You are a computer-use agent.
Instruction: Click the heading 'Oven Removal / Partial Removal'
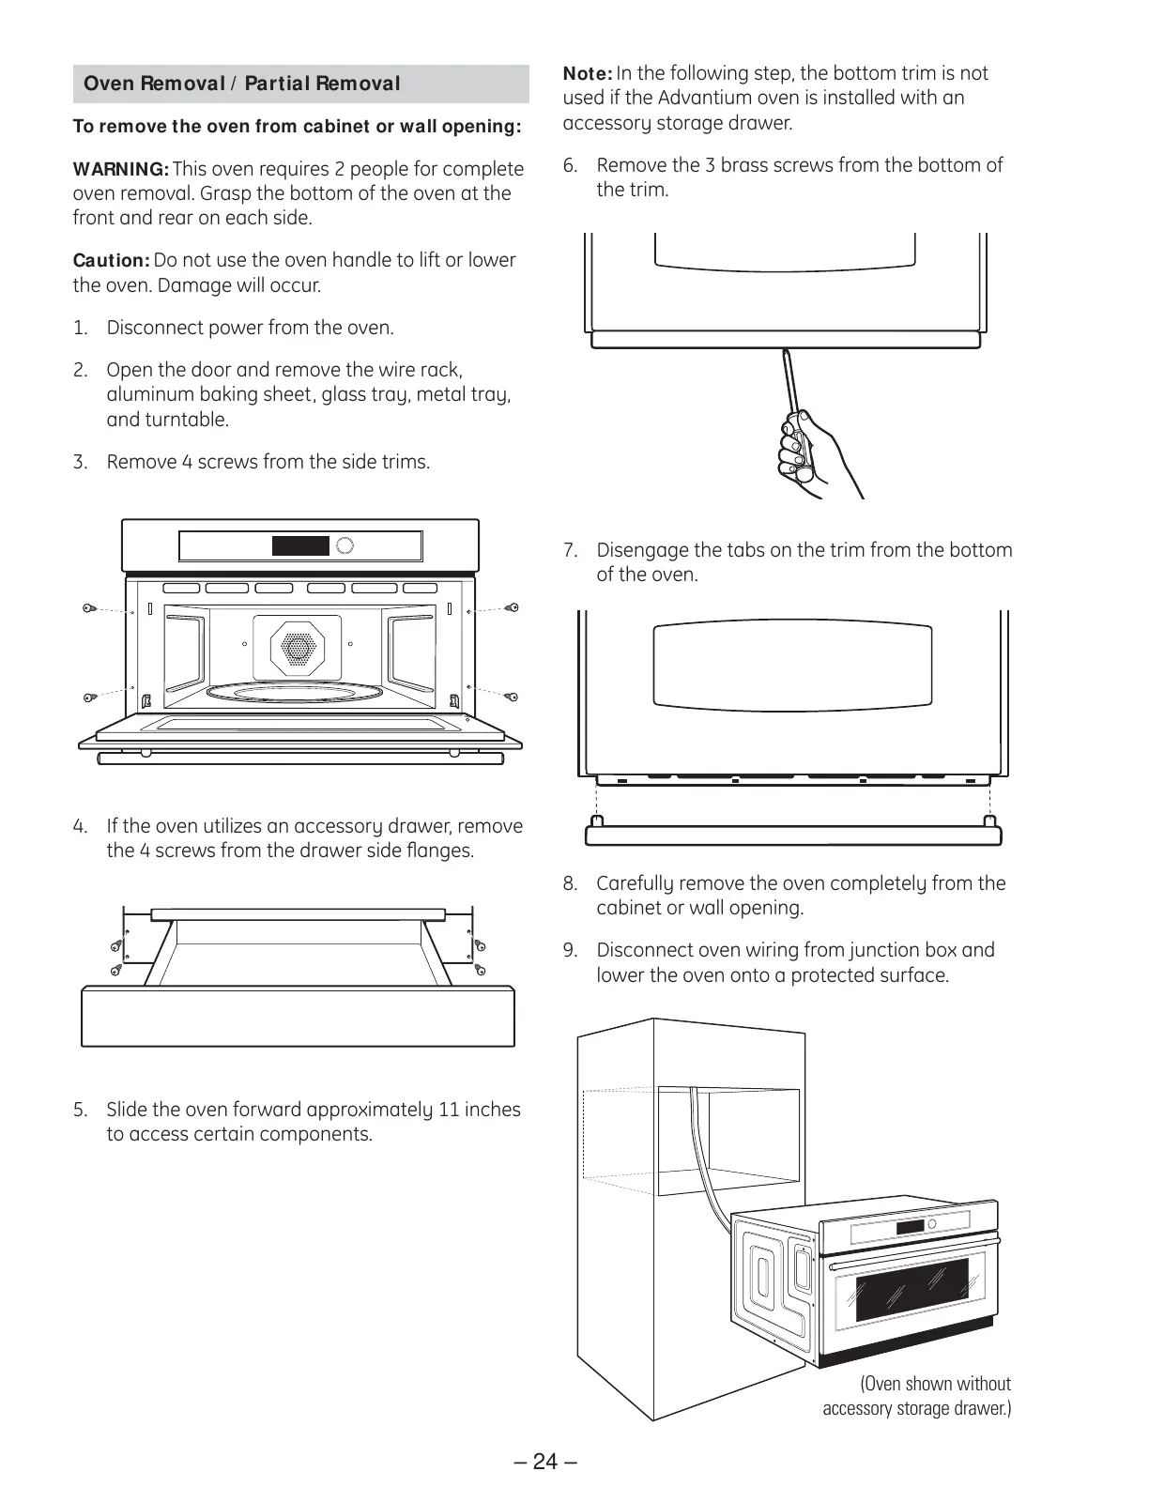[242, 84]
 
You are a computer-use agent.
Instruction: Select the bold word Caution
[111, 260]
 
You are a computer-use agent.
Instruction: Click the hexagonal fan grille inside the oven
[297, 646]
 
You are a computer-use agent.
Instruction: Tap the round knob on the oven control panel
[345, 545]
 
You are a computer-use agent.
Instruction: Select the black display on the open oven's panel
[300, 545]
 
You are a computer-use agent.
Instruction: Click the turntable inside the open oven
[297, 694]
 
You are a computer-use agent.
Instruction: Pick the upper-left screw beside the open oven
[87, 608]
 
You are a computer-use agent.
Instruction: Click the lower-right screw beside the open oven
[512, 697]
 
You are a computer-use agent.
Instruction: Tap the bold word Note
[588, 73]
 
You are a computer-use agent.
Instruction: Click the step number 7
[571, 550]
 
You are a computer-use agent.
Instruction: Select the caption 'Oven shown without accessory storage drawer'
[917, 1396]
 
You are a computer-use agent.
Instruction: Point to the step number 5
[81, 1110]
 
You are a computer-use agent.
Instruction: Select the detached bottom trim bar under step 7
[794, 834]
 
